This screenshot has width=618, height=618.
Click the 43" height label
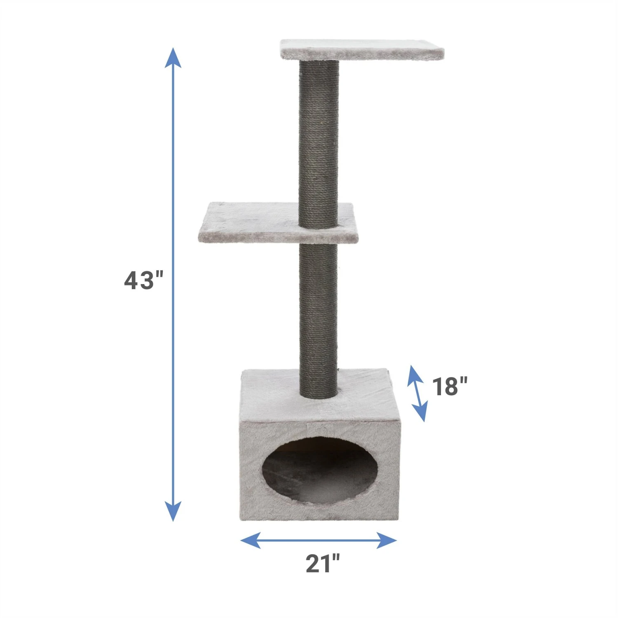tap(144, 281)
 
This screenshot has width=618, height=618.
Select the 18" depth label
tap(449, 386)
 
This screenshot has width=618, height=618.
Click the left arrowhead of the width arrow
tap(250, 540)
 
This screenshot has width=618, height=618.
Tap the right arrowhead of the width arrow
tap(387, 540)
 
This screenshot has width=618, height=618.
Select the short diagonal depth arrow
tap(417, 393)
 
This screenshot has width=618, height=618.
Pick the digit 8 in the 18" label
tap(449, 386)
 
